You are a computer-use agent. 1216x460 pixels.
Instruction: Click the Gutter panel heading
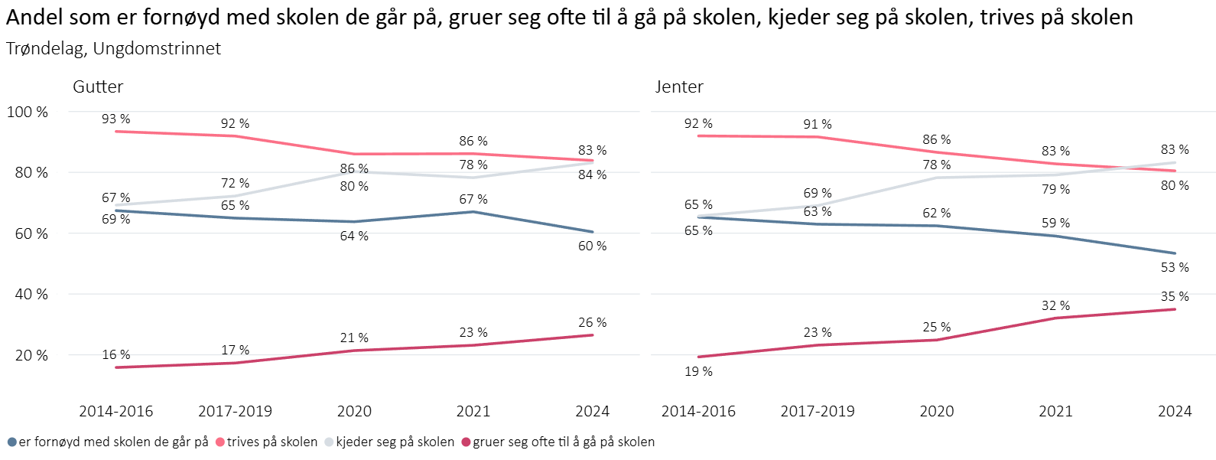(98, 86)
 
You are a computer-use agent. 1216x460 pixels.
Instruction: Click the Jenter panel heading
(679, 86)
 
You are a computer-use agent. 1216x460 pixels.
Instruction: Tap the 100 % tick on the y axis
(28, 112)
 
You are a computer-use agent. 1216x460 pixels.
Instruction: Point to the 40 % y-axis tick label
(31, 294)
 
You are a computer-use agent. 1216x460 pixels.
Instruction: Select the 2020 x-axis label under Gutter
(354, 411)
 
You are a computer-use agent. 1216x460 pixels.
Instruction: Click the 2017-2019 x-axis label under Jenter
(818, 411)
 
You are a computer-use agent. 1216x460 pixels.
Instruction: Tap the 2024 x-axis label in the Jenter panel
(1175, 411)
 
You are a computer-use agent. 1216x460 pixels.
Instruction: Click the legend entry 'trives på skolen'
(271, 442)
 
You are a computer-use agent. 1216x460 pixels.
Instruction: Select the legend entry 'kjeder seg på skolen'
(395, 442)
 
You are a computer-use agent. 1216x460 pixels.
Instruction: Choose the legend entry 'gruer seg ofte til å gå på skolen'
(564, 442)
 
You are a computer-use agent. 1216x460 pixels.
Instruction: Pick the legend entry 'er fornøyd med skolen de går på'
(113, 442)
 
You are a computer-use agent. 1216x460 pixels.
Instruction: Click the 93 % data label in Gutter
(116, 119)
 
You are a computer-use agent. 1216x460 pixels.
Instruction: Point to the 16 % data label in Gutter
(116, 354)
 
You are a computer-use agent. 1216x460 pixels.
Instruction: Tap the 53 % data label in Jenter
(1175, 267)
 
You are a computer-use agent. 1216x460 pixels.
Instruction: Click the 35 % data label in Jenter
(1175, 296)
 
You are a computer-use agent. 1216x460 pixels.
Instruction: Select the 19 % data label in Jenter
(698, 371)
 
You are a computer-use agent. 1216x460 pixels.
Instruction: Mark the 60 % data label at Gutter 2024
(593, 246)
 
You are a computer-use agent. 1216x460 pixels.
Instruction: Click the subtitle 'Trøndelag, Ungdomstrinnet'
(113, 48)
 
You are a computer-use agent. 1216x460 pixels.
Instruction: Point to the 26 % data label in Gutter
(593, 322)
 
